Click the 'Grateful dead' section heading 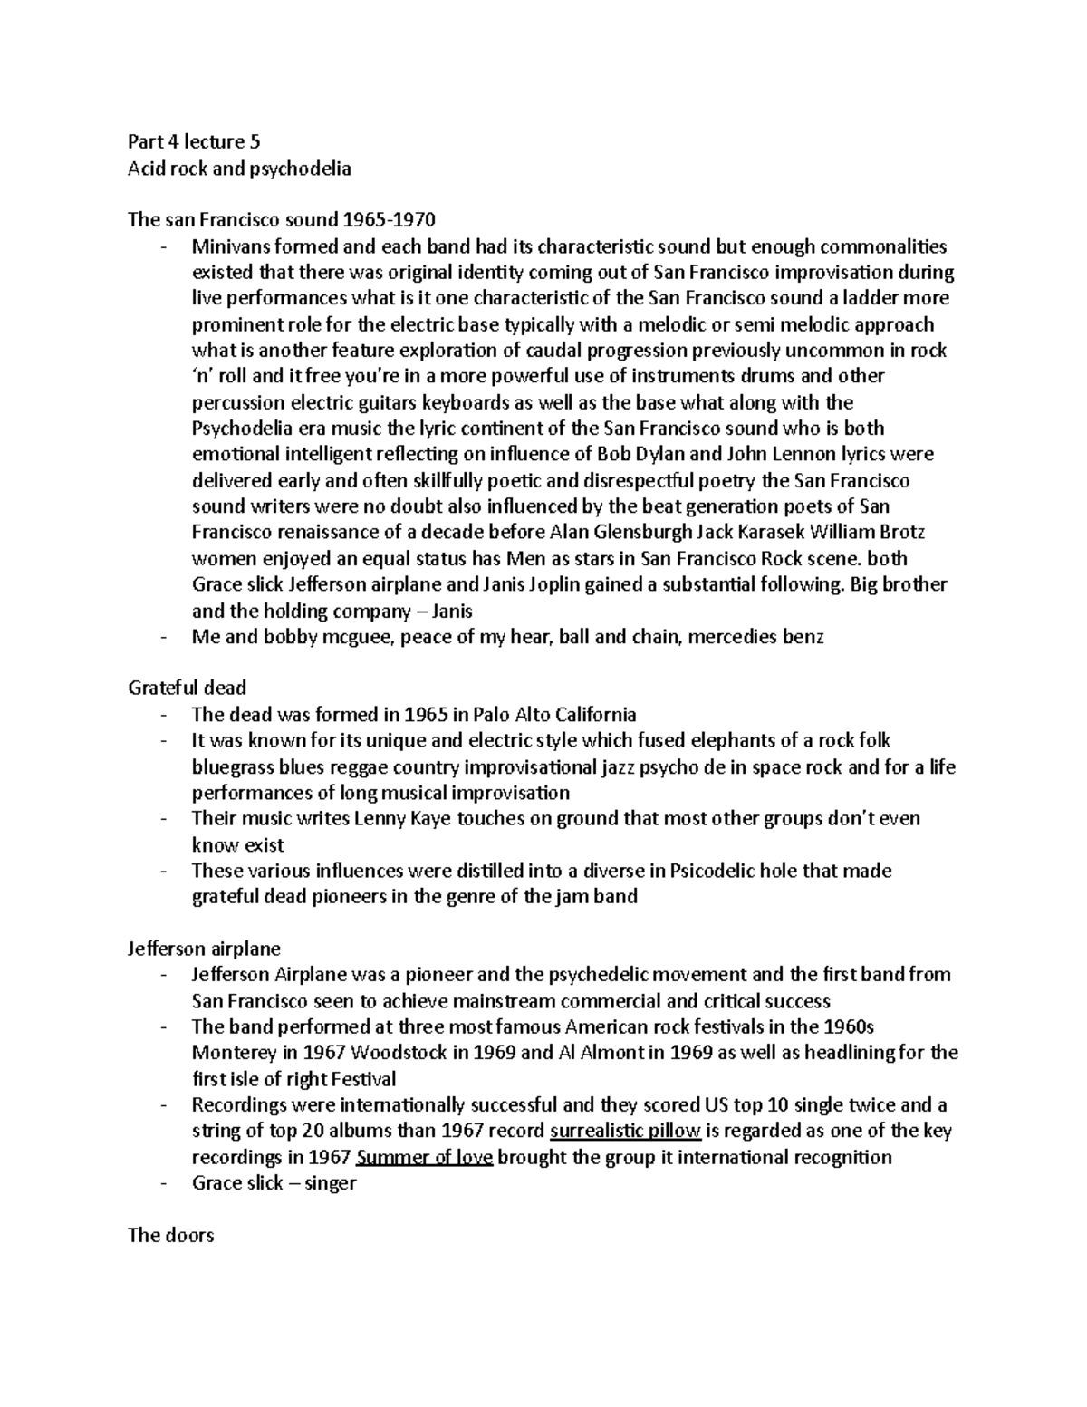tap(187, 688)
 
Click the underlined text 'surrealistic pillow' tap(625, 1131)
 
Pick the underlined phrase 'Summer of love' tap(425, 1157)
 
